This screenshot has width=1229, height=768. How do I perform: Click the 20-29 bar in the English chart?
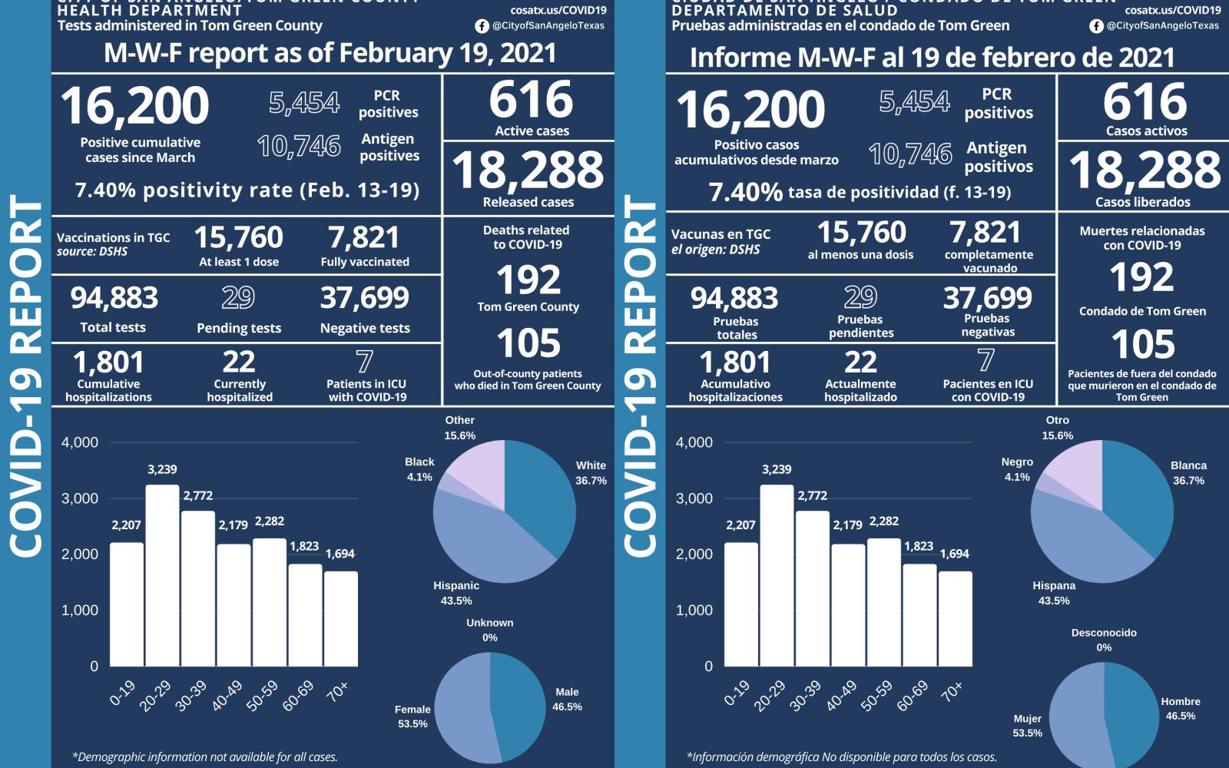pyautogui.click(x=162, y=576)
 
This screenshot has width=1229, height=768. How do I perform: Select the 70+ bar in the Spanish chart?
pyautogui.click(x=955, y=619)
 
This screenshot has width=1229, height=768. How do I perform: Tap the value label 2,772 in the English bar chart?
pyautogui.click(x=198, y=496)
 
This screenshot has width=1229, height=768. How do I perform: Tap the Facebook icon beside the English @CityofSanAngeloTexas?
pyautogui.click(x=482, y=26)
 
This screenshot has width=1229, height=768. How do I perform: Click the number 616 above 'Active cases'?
pyautogui.click(x=531, y=101)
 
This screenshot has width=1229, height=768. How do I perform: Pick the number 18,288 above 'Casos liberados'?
pyautogui.click(x=1144, y=170)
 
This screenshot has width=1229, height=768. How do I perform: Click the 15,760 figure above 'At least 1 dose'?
pyautogui.click(x=238, y=237)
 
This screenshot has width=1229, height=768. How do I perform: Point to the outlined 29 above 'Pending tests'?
pyautogui.click(x=238, y=298)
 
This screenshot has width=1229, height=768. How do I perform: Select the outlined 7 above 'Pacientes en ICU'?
pyautogui.click(x=986, y=359)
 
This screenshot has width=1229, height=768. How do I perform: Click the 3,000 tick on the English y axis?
pyautogui.click(x=80, y=498)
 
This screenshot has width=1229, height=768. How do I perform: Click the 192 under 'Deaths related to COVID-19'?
pyautogui.click(x=528, y=280)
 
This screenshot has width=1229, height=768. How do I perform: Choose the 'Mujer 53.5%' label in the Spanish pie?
pyautogui.click(x=1027, y=726)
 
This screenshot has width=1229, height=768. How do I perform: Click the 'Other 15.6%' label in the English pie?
pyautogui.click(x=459, y=428)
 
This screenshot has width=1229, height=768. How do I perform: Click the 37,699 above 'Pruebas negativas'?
pyautogui.click(x=988, y=298)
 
